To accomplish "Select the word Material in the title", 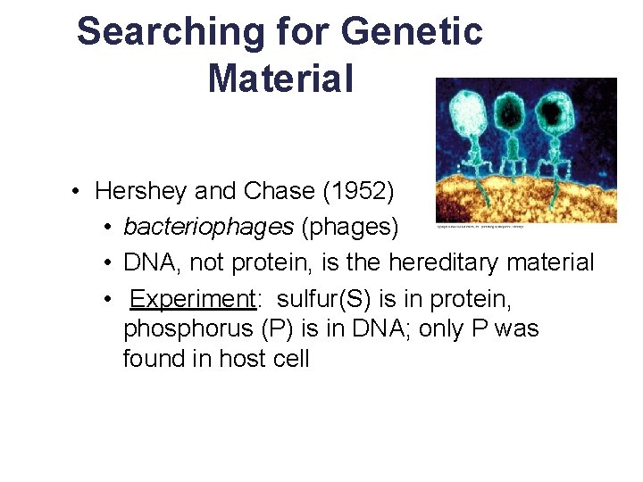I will tap(280, 78).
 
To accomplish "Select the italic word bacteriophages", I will tap(208, 227).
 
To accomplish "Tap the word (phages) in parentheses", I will tap(350, 227).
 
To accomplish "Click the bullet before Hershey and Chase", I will tap(79, 191).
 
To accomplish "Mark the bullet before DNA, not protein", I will tap(107, 262).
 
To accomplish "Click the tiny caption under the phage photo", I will tap(480, 227).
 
